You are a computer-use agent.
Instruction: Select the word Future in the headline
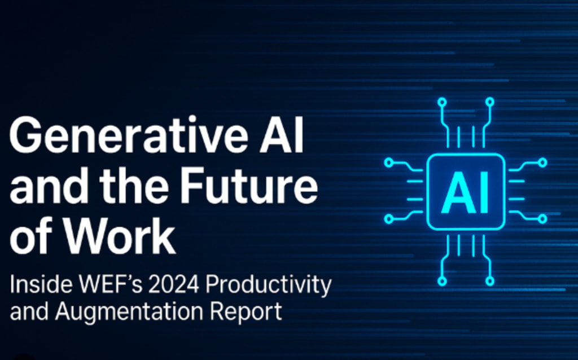coord(249,185)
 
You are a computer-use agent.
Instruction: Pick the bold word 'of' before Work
coord(31,236)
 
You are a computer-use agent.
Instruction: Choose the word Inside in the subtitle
coord(41,284)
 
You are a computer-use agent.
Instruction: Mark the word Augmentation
coord(129,311)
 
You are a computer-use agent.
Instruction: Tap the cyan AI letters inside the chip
coord(466,192)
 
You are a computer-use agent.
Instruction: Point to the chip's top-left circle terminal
coord(443,102)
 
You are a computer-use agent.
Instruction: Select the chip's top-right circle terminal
coord(489,102)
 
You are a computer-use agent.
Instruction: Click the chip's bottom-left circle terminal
coord(443,282)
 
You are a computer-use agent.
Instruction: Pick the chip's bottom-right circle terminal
coord(489,282)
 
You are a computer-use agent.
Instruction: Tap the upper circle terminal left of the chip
coord(389,163)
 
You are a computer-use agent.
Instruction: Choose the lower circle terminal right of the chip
coord(542,219)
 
